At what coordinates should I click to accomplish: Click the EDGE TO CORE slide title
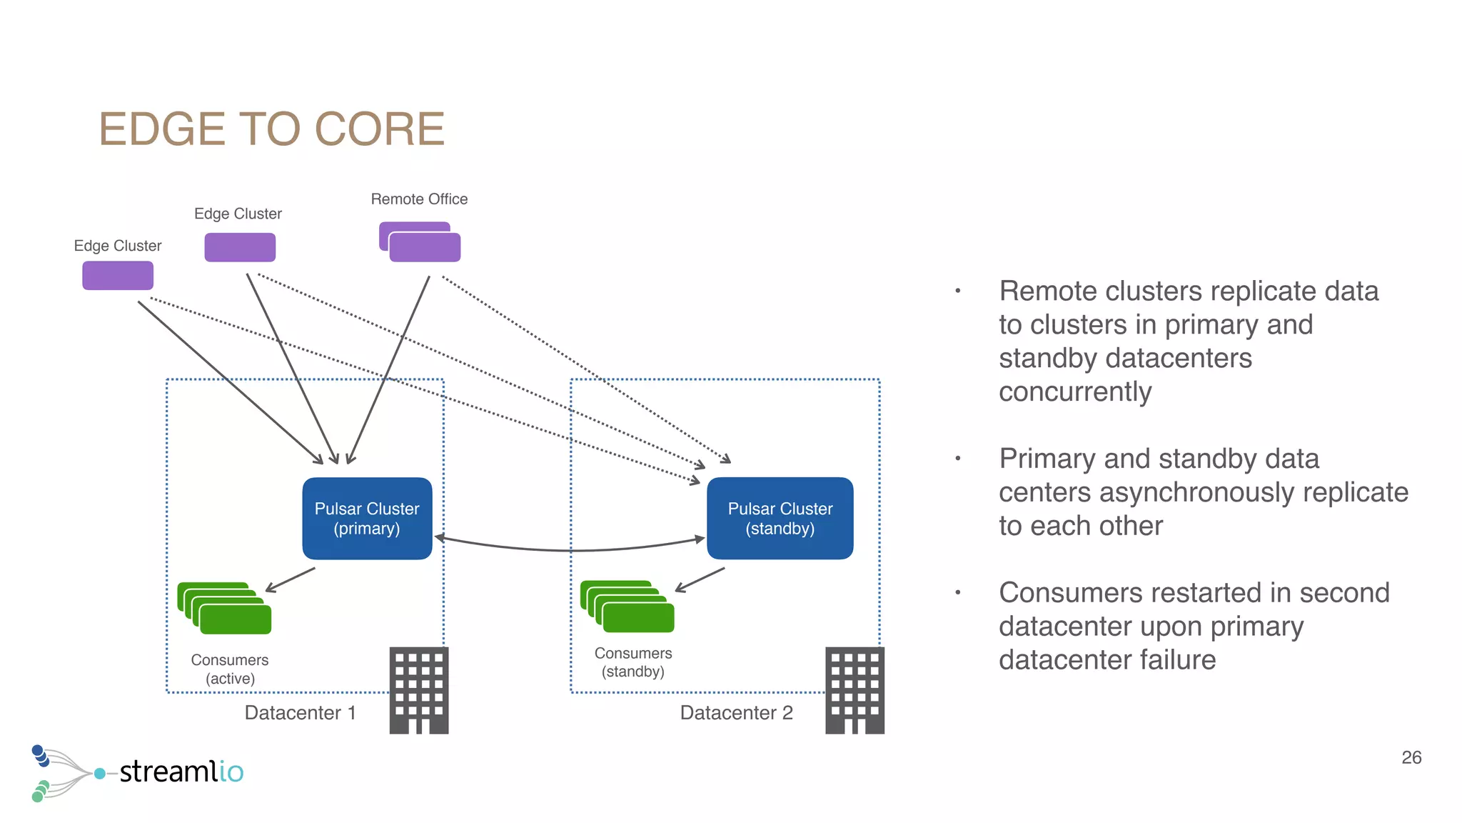point(271,129)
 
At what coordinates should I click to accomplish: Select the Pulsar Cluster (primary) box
point(367,519)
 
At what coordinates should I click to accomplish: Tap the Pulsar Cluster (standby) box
point(780,519)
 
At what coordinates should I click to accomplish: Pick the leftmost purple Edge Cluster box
point(118,276)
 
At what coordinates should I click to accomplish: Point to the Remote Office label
point(419,199)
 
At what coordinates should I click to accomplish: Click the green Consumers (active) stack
point(226,609)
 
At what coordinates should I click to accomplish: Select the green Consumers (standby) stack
point(628,607)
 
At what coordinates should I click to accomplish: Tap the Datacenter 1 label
point(300,713)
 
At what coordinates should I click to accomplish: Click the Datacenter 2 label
point(736,713)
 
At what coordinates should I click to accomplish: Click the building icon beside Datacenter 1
point(419,690)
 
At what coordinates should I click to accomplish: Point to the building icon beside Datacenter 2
point(854,690)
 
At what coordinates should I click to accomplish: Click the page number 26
point(1411,757)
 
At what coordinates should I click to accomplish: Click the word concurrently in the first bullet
point(1075,392)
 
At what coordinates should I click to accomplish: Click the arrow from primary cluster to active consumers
point(291,579)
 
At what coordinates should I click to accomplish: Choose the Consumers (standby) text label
point(633,662)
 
